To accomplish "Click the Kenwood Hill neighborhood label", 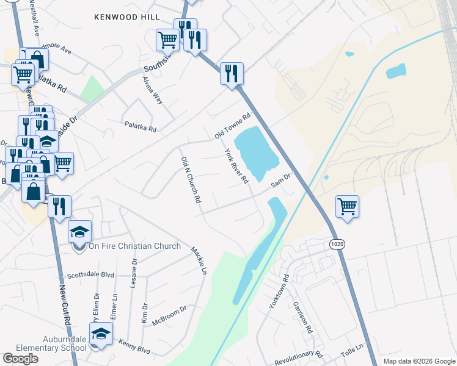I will (127, 17).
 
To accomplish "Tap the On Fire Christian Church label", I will (134, 246).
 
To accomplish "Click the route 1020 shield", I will (336, 244).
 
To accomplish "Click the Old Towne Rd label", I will (233, 126).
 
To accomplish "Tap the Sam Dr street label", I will (280, 179).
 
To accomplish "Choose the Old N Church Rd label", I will (191, 179).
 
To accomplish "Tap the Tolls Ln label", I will (352, 350).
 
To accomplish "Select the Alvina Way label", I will (153, 90).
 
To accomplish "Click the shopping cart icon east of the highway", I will (347, 206).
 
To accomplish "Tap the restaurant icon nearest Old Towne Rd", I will (232, 74).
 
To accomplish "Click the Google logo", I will (20, 359).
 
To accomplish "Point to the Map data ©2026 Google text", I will (419, 361).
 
